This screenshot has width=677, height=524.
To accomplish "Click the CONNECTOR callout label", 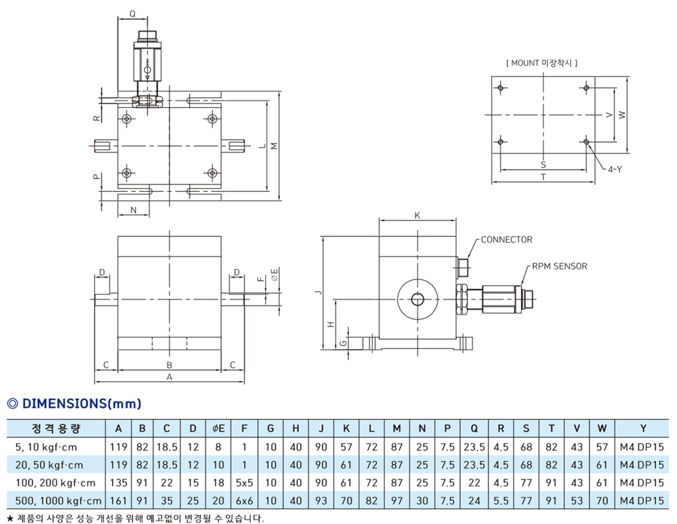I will point(506,240).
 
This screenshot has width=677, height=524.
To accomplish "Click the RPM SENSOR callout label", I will point(560,266).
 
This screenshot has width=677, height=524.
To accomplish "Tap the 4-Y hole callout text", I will point(615,169).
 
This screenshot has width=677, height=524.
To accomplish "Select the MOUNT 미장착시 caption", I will point(542,63).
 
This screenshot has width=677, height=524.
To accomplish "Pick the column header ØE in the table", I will point(218,428).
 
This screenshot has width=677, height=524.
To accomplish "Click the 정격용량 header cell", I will point(56,428).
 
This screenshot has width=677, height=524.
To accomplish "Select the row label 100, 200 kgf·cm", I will point(55,483).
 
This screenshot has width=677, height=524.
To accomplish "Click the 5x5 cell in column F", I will point(244,483).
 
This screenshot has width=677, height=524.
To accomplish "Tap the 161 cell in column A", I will point(118,501).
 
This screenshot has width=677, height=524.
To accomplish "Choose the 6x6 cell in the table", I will point(244,501).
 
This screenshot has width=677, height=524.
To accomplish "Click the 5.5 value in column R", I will point(501,501).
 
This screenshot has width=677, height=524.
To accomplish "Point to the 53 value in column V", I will point(577,501).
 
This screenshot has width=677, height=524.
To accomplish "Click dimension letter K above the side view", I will point(417,215).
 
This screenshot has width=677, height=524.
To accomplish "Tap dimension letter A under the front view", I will point(169,377).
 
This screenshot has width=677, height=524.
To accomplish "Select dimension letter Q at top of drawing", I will point(133,14).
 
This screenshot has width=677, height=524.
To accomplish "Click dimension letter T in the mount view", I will point(543,177).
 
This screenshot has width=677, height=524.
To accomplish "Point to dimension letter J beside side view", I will point(318,292).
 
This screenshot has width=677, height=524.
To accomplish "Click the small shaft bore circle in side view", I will point(418,300).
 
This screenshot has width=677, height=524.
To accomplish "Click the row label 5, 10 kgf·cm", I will point(46,447).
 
